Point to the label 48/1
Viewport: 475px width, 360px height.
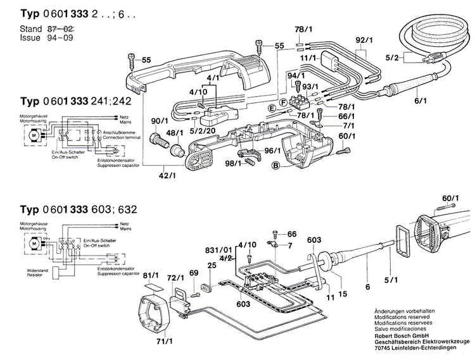click(175, 132)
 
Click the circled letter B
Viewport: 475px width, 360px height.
click(275, 166)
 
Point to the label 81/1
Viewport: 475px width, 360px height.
click(151, 276)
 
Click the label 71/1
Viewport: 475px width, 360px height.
click(164, 342)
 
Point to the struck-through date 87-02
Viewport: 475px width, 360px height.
click(60, 30)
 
